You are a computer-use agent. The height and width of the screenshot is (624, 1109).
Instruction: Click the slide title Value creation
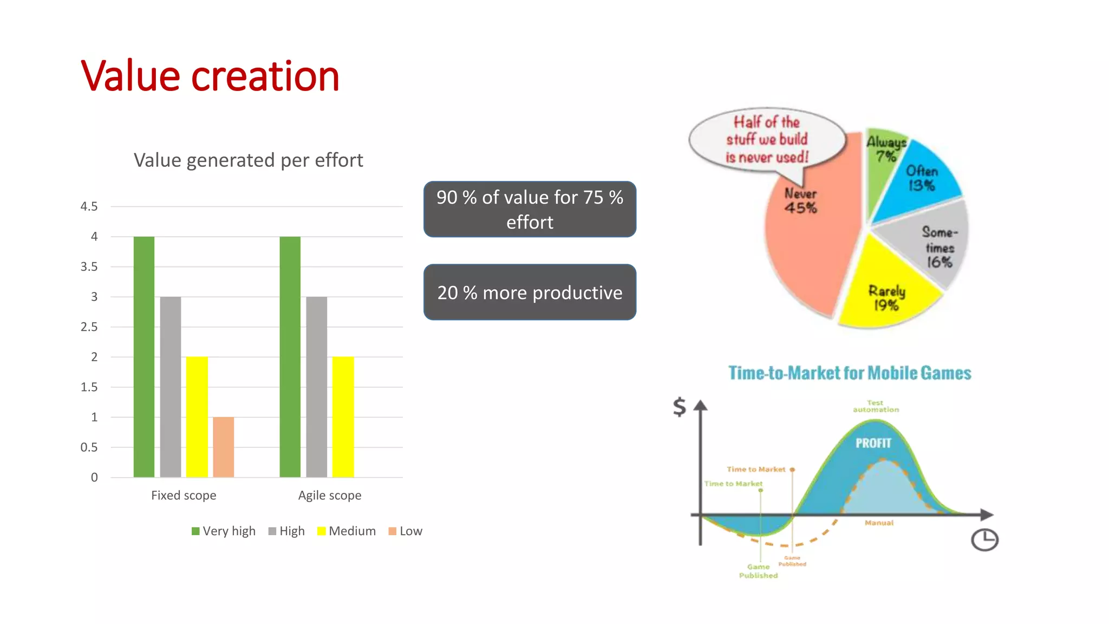click(x=210, y=76)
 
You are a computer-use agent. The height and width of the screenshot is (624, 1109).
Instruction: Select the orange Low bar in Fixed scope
click(x=223, y=447)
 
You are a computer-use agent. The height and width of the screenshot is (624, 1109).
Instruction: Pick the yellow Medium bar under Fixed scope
click(x=197, y=417)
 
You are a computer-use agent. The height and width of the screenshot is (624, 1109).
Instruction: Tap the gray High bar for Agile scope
click(x=316, y=387)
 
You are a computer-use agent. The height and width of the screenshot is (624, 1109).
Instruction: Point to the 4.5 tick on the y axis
click(x=89, y=206)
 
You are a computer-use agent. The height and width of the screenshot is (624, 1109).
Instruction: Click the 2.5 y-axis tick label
click(x=89, y=327)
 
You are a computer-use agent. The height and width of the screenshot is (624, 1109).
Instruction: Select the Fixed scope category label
click(x=184, y=495)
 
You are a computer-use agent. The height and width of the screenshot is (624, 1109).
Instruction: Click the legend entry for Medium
click(x=347, y=531)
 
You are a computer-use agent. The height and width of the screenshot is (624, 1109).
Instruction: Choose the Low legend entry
click(x=406, y=531)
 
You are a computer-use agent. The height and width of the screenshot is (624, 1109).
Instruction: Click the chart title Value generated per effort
click(x=248, y=160)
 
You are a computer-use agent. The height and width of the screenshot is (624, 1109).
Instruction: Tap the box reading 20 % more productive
click(x=530, y=292)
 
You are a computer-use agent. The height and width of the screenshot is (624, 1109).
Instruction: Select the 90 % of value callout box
click(x=530, y=209)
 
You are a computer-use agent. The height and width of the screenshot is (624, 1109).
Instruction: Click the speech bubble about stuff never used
click(x=767, y=140)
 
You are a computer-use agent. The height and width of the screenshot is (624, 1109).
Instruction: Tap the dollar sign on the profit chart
click(x=679, y=406)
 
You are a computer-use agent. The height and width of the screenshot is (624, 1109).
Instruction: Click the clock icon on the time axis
click(x=984, y=539)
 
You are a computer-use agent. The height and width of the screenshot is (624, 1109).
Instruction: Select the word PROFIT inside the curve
click(x=873, y=443)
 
